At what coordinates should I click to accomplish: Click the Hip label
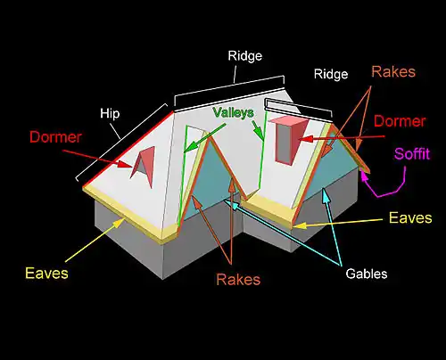[110, 114]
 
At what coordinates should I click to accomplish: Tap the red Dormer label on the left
[55, 137]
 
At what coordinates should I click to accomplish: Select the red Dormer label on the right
[400, 121]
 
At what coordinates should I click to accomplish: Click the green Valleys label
[234, 112]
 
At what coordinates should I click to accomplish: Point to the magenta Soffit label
[412, 154]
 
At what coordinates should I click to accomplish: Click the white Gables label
[367, 274]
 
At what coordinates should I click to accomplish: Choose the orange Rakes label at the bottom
[238, 279]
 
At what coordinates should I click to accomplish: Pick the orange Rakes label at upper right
[393, 72]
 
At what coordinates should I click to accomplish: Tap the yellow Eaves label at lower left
[46, 273]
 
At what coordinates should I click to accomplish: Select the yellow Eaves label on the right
[410, 217]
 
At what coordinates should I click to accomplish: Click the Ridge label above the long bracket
[245, 56]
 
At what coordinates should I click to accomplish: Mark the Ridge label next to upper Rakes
[331, 74]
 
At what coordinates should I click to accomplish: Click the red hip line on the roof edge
[128, 149]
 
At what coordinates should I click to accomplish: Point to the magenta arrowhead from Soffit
[363, 176]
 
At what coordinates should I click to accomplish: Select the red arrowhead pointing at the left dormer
[124, 164]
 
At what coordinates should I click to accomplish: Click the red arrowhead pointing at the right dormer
[306, 139]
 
